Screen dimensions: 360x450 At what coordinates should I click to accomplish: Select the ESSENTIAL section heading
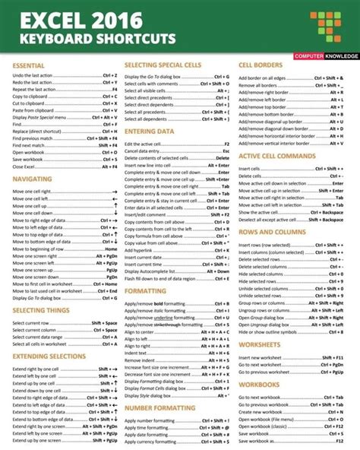click(x=28, y=66)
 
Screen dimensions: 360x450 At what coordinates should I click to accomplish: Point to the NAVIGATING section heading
click(x=32, y=179)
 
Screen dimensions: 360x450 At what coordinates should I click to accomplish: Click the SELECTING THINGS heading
click(x=43, y=311)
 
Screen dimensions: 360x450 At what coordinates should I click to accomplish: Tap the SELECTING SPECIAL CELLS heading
click(x=163, y=66)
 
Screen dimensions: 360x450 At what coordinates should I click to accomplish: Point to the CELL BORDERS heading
click(x=262, y=66)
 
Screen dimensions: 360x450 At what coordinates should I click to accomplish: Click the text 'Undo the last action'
click(x=33, y=76)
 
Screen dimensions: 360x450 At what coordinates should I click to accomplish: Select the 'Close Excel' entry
click(x=24, y=165)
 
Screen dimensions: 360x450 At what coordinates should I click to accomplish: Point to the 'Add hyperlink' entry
click(x=141, y=249)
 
